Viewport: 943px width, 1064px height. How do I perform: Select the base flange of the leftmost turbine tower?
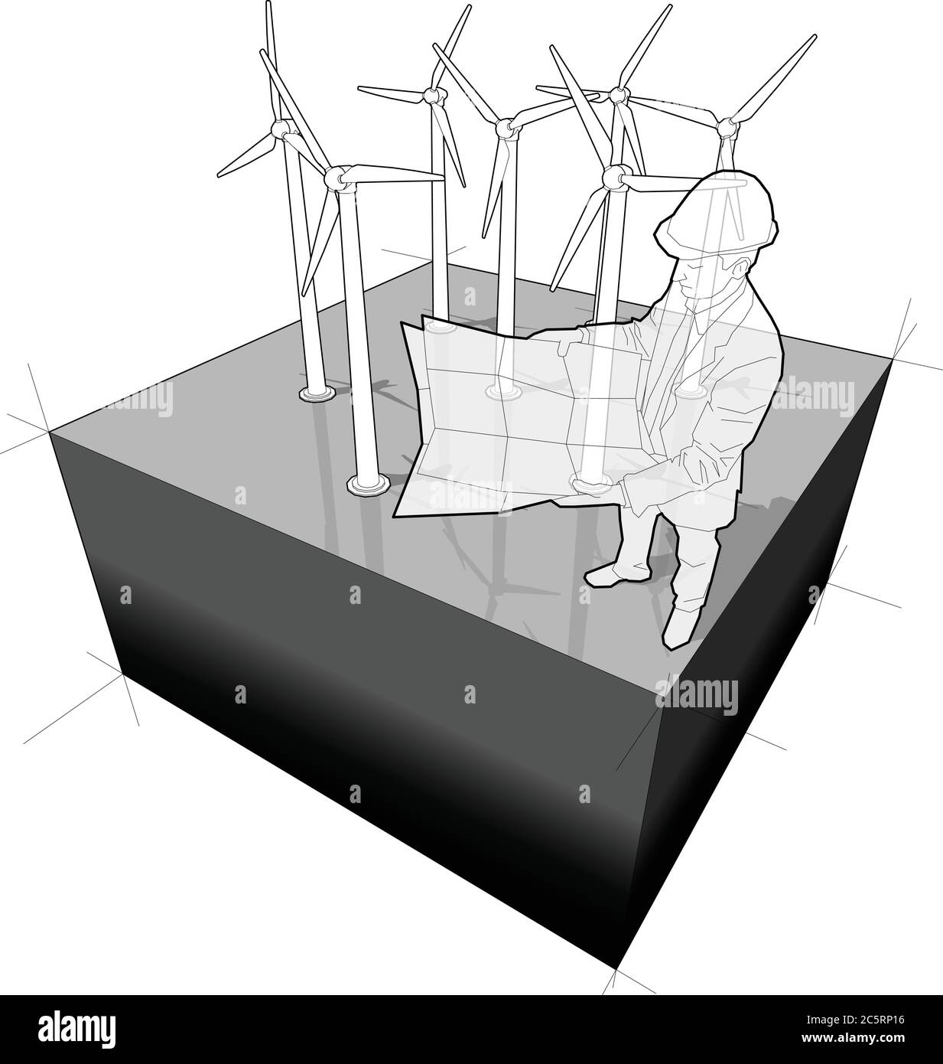(x=316, y=393)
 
